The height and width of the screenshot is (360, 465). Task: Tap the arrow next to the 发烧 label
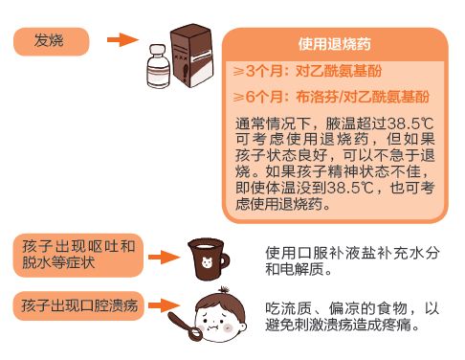coord(122,40)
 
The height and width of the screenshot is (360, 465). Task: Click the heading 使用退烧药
coord(336,44)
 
